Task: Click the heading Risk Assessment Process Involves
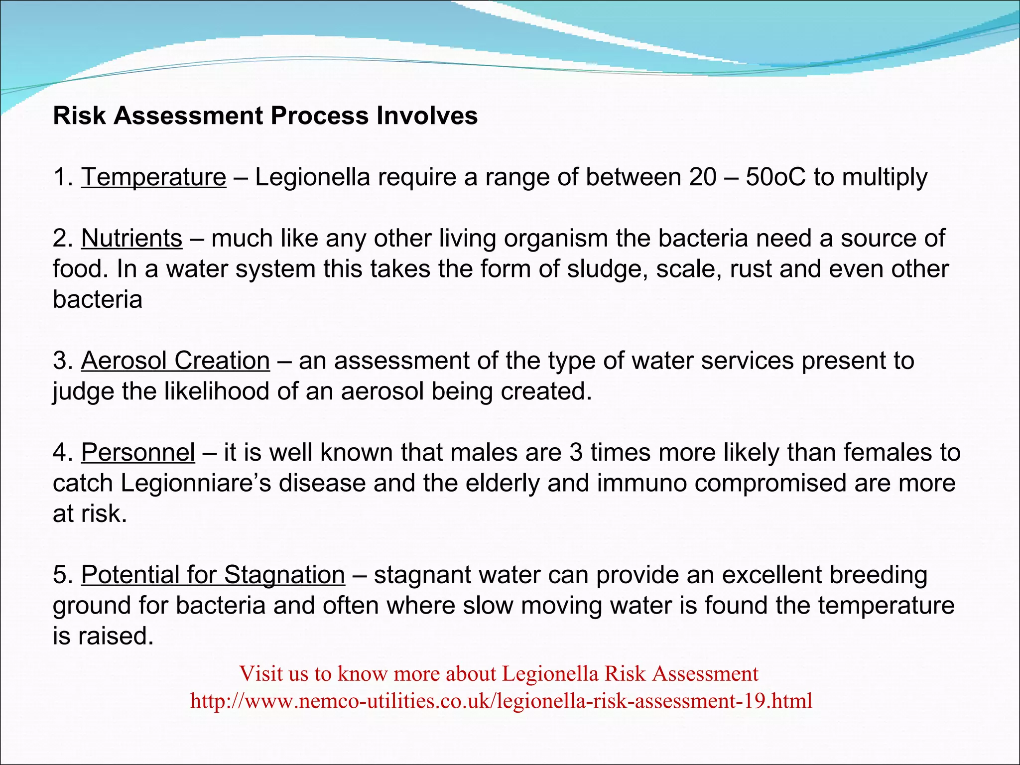(x=265, y=116)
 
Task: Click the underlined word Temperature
(x=153, y=177)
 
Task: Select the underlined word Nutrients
(x=131, y=239)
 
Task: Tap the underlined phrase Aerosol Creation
(x=175, y=361)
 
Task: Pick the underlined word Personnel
(x=138, y=453)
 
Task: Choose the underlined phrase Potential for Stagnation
(x=213, y=575)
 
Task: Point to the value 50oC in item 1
(x=775, y=177)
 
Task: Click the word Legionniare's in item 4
(x=196, y=484)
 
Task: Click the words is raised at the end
(x=103, y=636)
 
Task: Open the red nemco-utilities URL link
(x=501, y=701)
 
